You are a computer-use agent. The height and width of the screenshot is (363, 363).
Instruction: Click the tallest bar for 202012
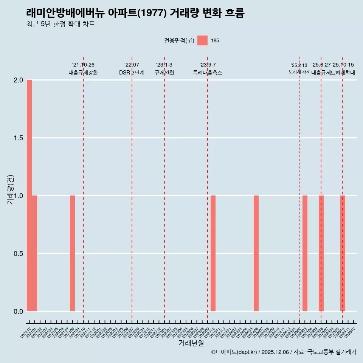point(29,195)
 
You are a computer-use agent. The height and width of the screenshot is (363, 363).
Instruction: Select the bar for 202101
point(34,253)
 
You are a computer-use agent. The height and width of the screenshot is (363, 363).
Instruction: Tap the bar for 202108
point(72,253)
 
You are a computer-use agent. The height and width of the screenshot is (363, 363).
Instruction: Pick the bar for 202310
point(213,253)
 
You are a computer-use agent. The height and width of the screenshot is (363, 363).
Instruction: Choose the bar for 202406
point(256,253)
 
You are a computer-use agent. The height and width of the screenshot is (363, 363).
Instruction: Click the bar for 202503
point(305,253)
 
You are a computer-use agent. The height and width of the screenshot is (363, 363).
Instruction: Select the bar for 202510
point(343,253)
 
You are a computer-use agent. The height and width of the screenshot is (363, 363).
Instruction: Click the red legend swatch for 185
point(202,40)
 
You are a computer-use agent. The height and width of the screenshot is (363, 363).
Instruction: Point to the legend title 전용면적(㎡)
point(179,41)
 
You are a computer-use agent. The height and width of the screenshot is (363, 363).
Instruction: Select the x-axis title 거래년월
point(191,343)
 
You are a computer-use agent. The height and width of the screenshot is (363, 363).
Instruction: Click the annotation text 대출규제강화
point(83,73)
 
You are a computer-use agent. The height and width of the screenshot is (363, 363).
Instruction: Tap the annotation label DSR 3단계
point(132,73)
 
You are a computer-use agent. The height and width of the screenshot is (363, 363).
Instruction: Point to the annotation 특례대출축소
point(208,73)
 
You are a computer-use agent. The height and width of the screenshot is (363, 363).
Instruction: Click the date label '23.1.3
point(164,65)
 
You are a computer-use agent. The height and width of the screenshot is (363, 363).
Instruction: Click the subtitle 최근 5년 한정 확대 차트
point(60,24)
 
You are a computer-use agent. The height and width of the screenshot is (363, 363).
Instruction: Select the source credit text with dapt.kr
point(284,352)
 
